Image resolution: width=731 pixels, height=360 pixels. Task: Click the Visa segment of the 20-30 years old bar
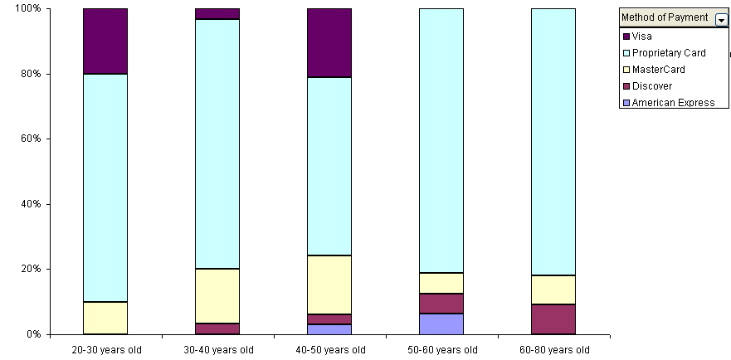coord(105,41)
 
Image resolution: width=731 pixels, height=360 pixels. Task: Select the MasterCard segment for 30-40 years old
coord(217,296)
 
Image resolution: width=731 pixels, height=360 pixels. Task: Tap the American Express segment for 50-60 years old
coord(441,324)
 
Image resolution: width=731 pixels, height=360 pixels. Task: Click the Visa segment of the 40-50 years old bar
coord(329,43)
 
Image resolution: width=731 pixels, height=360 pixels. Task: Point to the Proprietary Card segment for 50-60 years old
coord(441,141)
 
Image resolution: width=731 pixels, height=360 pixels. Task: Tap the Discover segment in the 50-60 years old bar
coord(441,304)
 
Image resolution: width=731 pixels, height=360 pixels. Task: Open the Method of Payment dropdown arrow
coord(720,18)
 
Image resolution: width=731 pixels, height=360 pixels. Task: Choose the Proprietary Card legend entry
coord(668,53)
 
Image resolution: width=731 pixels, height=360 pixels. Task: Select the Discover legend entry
coord(651,86)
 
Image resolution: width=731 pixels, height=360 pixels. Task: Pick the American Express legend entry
coord(672,103)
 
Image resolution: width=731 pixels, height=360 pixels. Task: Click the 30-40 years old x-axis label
coord(217,350)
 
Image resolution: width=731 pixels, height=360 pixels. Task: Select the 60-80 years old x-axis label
coord(553,350)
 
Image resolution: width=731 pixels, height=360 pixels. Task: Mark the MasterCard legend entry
coord(658,70)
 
